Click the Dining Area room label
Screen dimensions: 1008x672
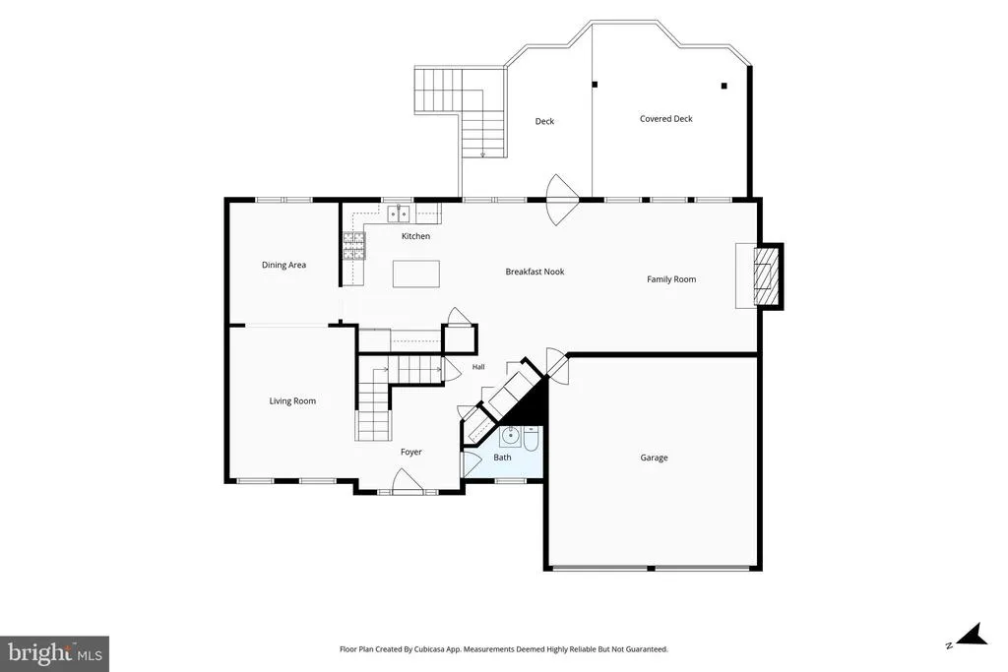(283, 265)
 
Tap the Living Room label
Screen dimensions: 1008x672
(292, 400)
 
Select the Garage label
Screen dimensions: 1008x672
(654, 458)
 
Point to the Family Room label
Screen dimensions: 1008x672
(671, 278)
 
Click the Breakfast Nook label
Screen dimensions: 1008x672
(535, 272)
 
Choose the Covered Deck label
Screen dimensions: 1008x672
(666, 119)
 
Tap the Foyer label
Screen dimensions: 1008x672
(411, 452)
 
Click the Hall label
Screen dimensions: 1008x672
(478, 367)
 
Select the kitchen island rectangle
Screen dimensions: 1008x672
(416, 274)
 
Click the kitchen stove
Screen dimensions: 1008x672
(353, 245)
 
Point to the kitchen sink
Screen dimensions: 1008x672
(399, 213)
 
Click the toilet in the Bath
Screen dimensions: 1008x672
(532, 439)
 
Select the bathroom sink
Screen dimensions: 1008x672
(511, 436)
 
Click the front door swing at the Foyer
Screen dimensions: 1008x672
(407, 481)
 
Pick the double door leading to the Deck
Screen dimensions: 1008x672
(562, 199)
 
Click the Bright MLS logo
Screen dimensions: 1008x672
(55, 654)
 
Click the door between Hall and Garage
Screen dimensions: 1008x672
(557, 366)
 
